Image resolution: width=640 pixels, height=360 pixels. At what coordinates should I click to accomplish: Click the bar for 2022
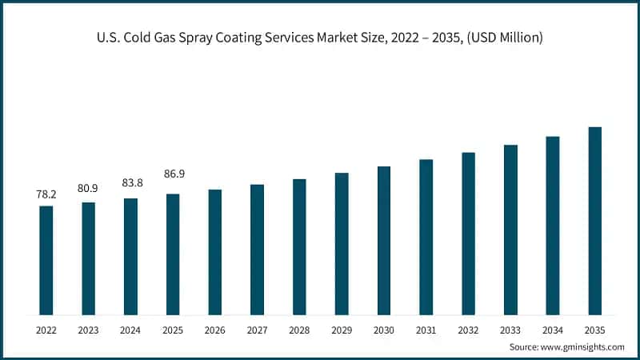(46, 260)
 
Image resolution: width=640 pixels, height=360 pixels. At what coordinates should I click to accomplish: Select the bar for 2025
(173, 254)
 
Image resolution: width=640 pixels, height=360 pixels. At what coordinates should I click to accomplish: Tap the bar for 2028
(299, 246)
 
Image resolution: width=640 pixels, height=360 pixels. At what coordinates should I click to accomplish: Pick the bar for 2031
(426, 237)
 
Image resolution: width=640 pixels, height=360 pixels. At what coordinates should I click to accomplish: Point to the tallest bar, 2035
(594, 221)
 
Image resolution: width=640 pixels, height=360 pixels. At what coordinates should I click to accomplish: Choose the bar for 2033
(510, 230)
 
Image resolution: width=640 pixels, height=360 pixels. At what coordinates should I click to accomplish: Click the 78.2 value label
(46, 194)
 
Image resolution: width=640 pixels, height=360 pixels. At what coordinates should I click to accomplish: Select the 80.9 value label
(89, 189)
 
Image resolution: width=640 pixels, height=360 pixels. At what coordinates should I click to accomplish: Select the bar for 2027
(257, 250)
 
